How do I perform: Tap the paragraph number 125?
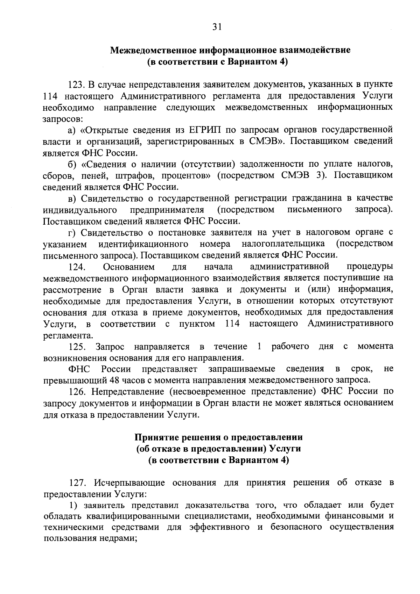click(77, 347)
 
